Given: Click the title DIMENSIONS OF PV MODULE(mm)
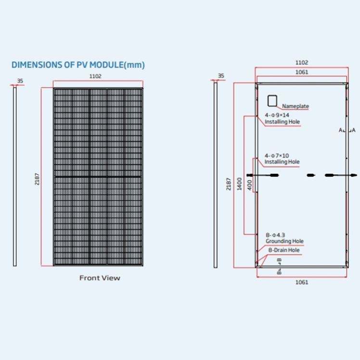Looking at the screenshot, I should (x=78, y=64).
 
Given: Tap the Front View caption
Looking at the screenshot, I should (x=100, y=278).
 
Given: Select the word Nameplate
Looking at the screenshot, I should (x=296, y=106).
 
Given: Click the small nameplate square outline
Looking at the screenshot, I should (x=272, y=100).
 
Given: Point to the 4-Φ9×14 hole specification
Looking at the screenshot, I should (x=277, y=116).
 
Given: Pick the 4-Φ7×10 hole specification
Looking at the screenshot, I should (x=277, y=155).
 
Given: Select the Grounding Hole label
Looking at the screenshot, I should (x=284, y=241).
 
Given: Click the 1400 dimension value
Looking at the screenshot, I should (x=239, y=183).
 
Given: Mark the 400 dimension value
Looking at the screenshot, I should (x=250, y=185).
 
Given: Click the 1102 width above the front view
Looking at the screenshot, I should (x=96, y=76).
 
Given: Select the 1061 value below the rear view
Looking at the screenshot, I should (x=301, y=282).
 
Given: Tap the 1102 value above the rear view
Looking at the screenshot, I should (x=301, y=63).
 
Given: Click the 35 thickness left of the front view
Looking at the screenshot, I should (x=20, y=81).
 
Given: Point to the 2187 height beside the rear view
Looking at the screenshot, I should (x=229, y=183).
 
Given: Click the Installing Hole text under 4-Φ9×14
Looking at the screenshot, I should (x=282, y=122).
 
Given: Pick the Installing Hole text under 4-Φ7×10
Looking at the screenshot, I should (x=282, y=162).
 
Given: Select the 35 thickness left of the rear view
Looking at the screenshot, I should (x=221, y=76).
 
